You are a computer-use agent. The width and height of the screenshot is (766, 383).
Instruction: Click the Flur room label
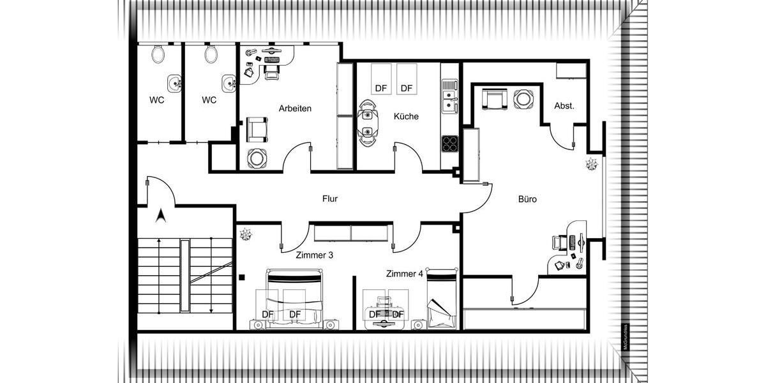[330, 199]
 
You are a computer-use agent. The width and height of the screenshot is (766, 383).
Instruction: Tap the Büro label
[527, 199]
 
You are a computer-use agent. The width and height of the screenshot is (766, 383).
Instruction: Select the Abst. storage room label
[564, 106]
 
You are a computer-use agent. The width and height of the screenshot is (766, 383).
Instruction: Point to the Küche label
[406, 116]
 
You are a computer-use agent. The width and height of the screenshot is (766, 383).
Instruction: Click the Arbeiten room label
[295, 109]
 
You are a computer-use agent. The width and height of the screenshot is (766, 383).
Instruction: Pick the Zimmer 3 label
[314, 255]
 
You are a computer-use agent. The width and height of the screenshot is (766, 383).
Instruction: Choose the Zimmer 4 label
[405, 274]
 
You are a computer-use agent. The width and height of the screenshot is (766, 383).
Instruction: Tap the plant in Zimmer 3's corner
[246, 235]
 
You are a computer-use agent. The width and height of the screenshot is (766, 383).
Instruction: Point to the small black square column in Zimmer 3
[243, 277]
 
